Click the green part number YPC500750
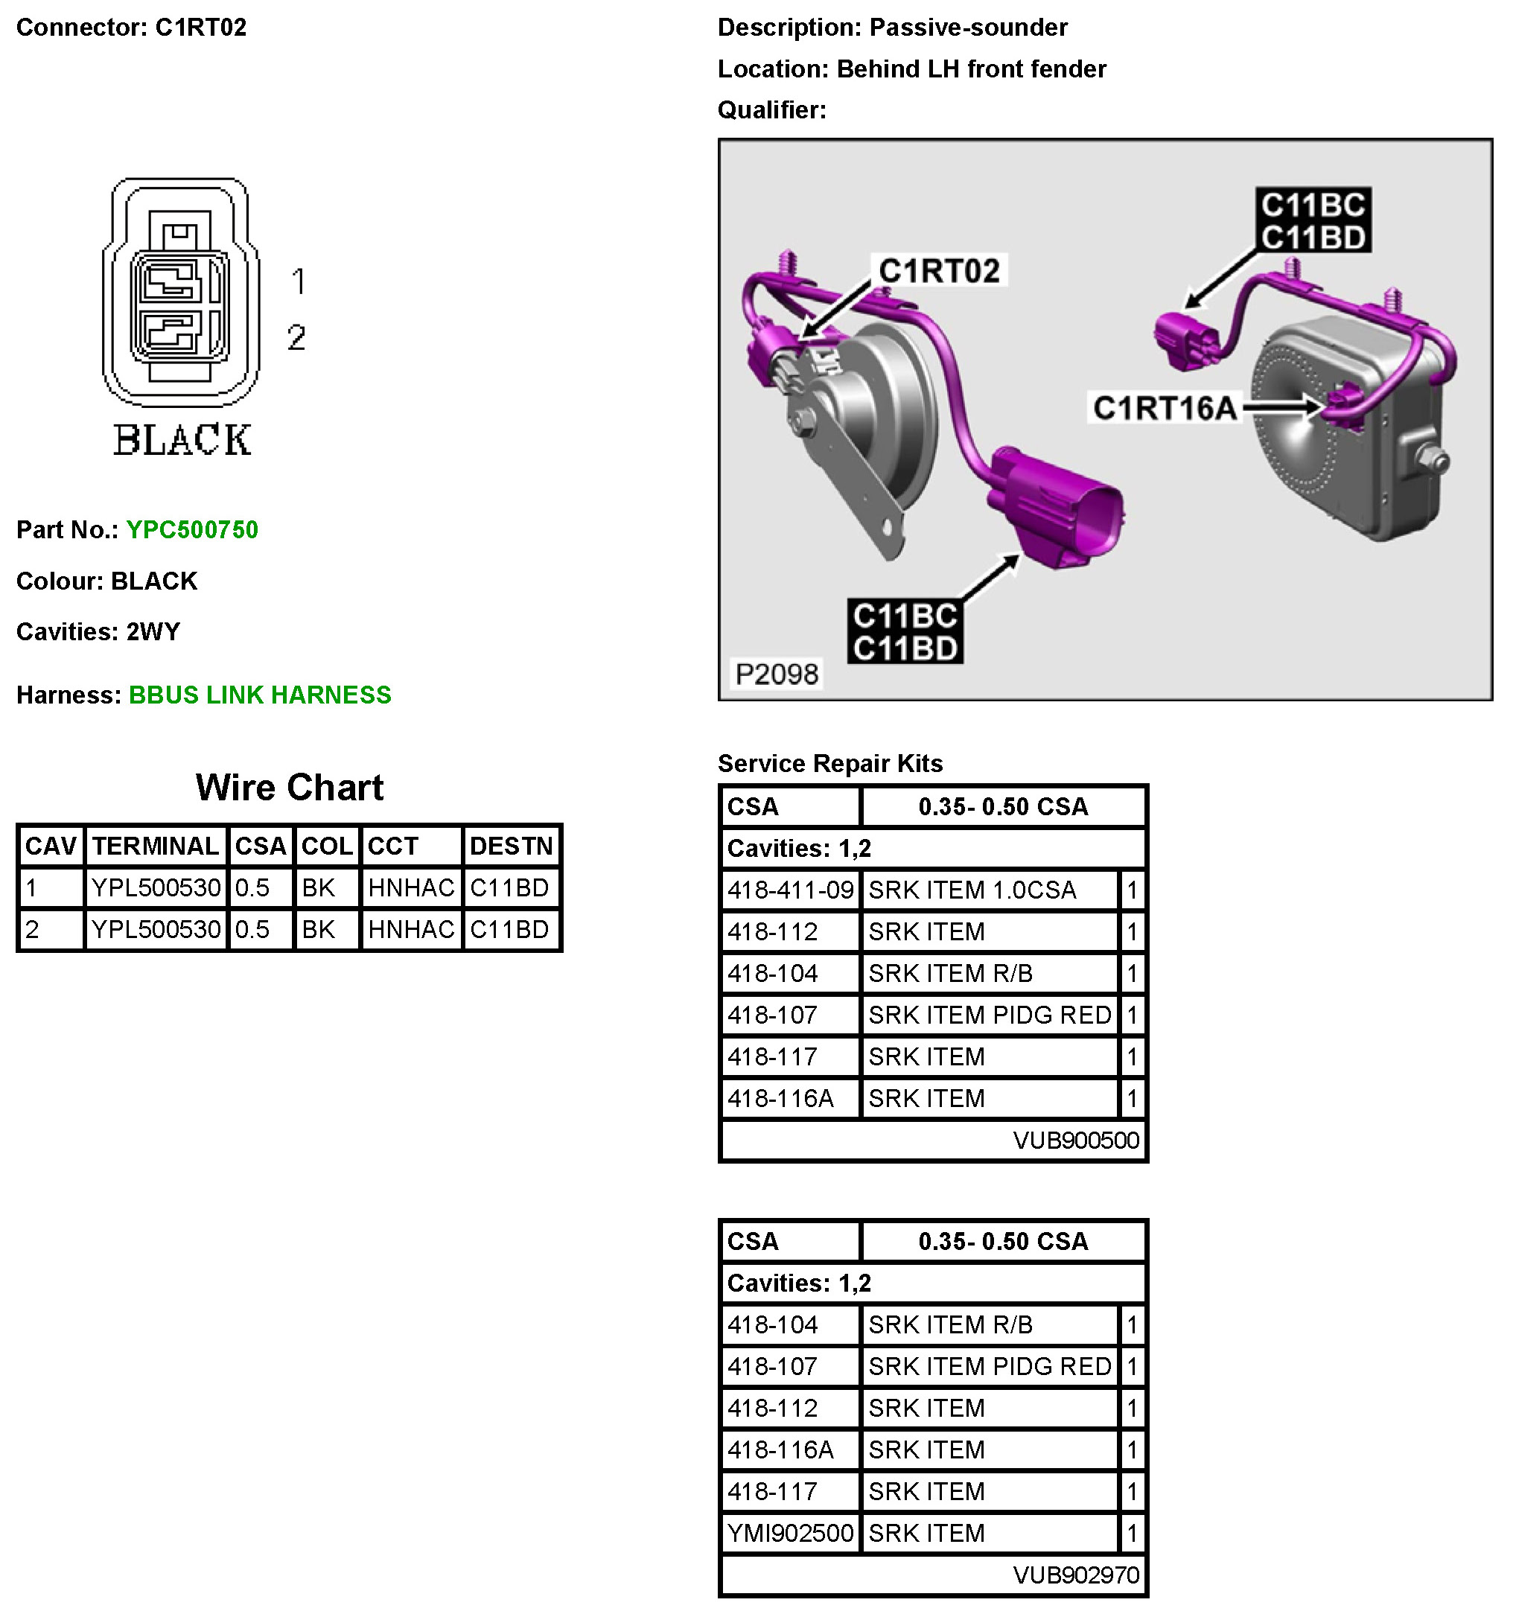pyautogui.click(x=192, y=529)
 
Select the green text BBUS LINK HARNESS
pyautogui.click(x=259, y=695)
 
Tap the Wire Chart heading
pyautogui.click(x=289, y=788)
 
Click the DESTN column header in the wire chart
pyautogui.click(x=511, y=846)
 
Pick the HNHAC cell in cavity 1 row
pyautogui.click(x=411, y=887)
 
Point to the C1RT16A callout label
pyautogui.click(x=1164, y=408)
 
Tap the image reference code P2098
pyautogui.click(x=776, y=674)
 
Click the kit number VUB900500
pyautogui.click(x=1075, y=1140)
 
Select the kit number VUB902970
pyautogui.click(x=1075, y=1575)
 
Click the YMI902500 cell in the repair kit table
pyautogui.click(x=790, y=1532)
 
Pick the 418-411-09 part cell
pyautogui.click(x=790, y=890)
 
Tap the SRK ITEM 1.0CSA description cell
pyautogui.click(x=972, y=890)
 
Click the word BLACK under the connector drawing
pyautogui.click(x=182, y=440)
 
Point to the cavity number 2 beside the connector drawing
pyautogui.click(x=296, y=337)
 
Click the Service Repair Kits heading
pyautogui.click(x=829, y=763)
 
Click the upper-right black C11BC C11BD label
pyautogui.click(x=1312, y=220)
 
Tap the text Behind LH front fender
pyautogui.click(x=971, y=69)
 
